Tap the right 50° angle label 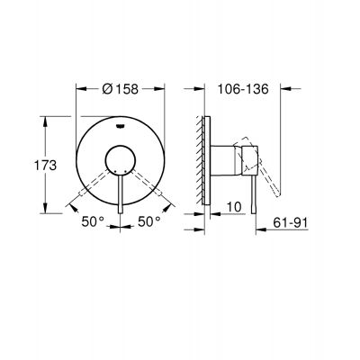(148, 219)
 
